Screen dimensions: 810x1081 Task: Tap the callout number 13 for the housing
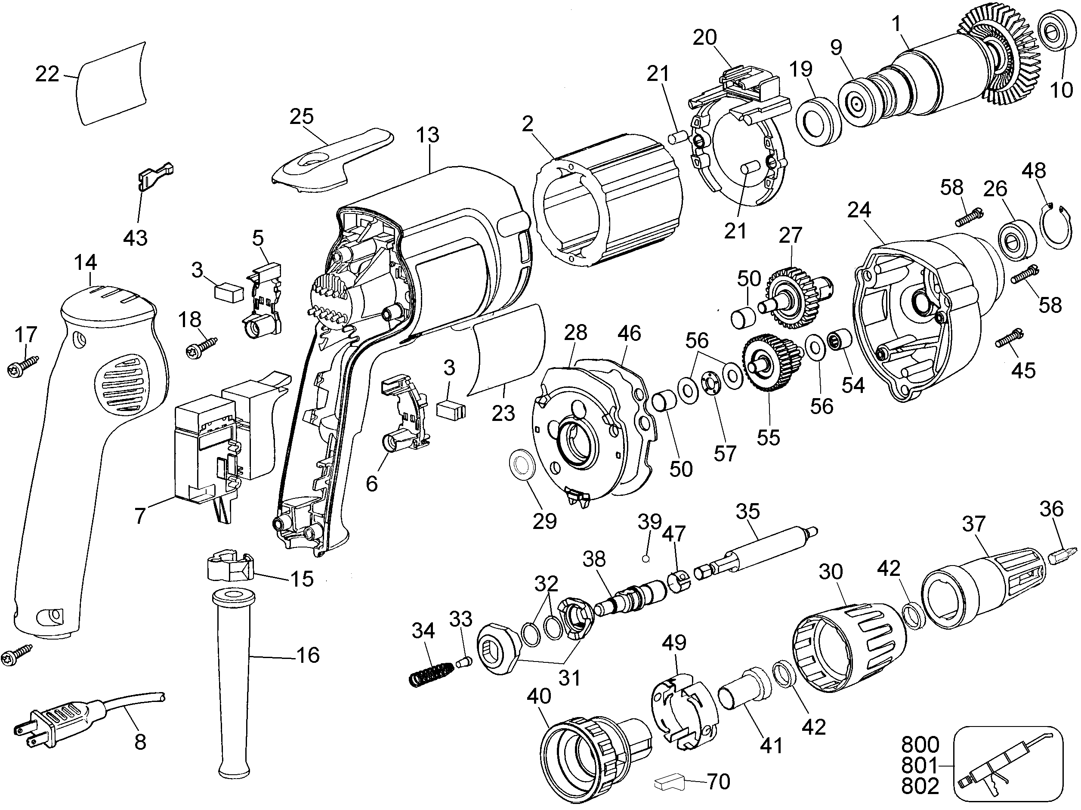(428, 135)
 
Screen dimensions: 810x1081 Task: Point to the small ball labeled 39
(646, 559)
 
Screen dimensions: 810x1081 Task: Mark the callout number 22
(47, 74)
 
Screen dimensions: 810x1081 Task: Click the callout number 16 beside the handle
(307, 655)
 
